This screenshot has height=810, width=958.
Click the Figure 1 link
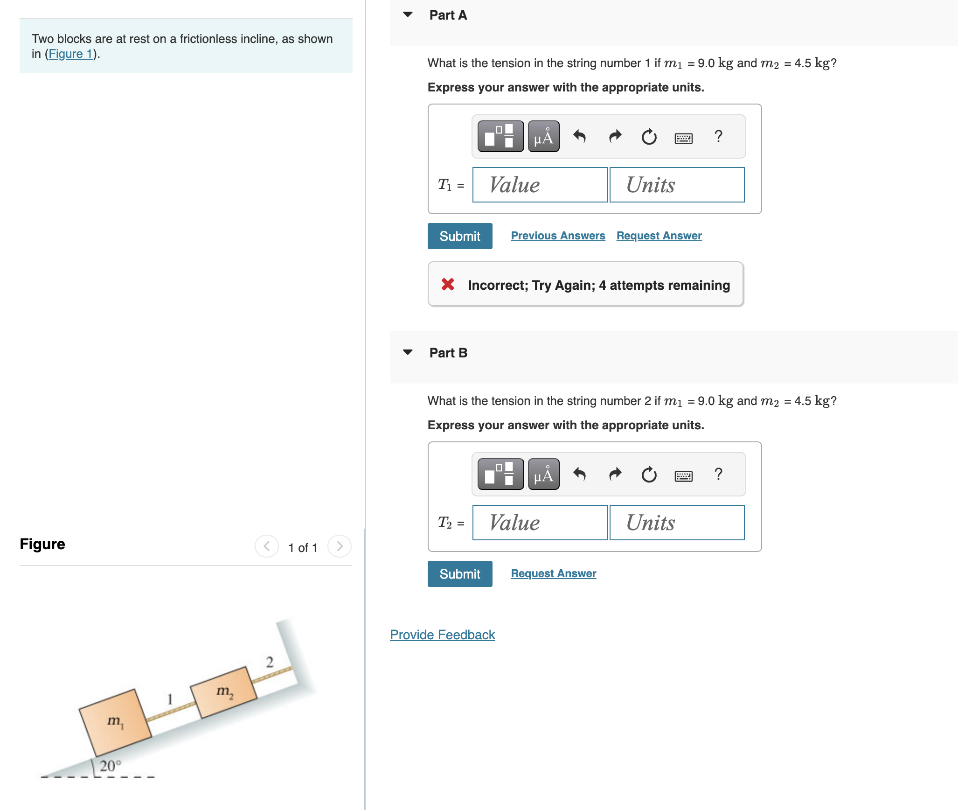[71, 54]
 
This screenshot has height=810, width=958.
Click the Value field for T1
[540, 185]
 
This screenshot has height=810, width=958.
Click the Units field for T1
[677, 185]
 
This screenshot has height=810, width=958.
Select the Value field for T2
[540, 523]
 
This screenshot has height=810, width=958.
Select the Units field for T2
[677, 523]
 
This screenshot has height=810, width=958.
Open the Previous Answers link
[558, 236]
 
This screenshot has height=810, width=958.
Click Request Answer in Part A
[659, 236]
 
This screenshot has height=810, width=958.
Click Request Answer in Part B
[553, 573]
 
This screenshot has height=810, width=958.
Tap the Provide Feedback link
[442, 635]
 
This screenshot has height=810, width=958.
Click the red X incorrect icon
[448, 284]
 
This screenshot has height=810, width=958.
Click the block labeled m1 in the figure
[115, 722]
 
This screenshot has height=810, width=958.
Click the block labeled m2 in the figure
[224, 692]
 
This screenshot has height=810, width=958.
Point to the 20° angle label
[110, 766]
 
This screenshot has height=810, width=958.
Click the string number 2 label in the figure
[270, 662]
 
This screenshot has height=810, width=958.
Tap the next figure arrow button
[339, 546]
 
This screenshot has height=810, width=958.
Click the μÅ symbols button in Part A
[543, 137]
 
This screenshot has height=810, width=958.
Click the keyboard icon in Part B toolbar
[683, 475]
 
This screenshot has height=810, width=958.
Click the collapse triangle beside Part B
[408, 352]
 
